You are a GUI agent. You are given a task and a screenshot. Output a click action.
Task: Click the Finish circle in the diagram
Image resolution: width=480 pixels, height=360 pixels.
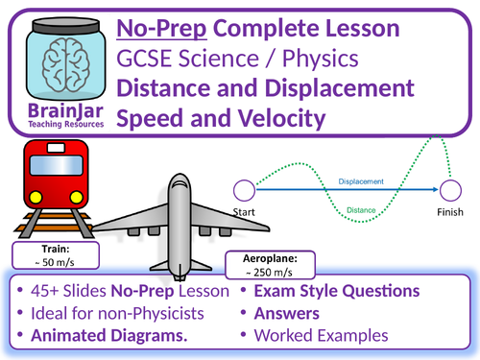coord(450,189)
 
